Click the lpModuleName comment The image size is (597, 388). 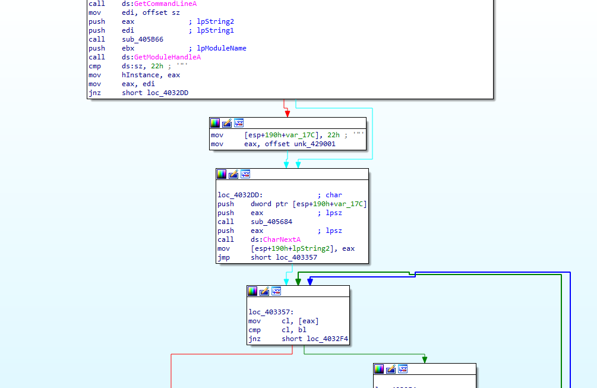click(217, 48)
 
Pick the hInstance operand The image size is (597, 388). click(140, 75)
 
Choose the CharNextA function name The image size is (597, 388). click(282, 239)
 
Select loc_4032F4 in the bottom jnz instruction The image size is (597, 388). click(328, 339)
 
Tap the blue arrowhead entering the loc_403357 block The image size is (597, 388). click(309, 282)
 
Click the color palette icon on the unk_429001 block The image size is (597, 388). click(215, 123)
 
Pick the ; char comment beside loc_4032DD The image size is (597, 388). click(330, 195)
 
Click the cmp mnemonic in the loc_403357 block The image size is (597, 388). click(254, 330)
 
